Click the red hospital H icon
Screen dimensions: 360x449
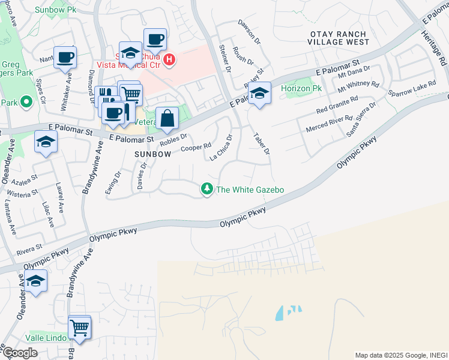[169, 59]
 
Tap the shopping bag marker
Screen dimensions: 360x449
[167, 118]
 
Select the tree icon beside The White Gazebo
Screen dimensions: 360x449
[207, 190]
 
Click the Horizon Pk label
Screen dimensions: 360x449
[297, 88]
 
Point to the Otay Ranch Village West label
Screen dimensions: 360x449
[336, 38]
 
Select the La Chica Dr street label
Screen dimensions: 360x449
[220, 148]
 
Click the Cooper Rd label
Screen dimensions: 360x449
[196, 147]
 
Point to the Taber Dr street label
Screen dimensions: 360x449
[262, 143]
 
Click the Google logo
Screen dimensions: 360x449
[19, 353]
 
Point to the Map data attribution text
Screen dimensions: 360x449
[400, 355]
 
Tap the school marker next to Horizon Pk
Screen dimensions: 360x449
[259, 94]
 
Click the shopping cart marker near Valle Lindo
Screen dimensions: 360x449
[79, 328]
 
